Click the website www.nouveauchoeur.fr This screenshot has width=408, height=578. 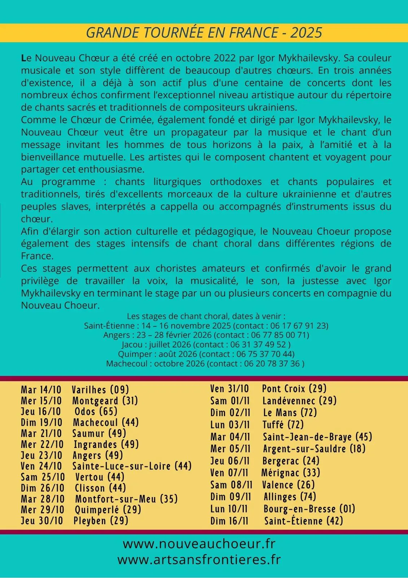coord(199,544)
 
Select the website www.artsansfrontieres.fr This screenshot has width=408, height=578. coord(199,560)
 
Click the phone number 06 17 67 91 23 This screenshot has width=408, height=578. coord(298,325)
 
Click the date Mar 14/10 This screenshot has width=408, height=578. coord(41,390)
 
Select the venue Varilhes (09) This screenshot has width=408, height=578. coord(100,390)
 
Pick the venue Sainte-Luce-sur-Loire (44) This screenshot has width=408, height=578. coord(132,466)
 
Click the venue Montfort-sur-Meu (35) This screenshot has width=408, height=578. coord(126,499)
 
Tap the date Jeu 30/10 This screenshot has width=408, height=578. coord(42,521)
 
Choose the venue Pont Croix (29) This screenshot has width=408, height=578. coord(294,389)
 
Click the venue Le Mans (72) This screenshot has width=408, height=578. coord(290,413)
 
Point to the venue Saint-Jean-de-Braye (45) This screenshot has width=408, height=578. coord(317,437)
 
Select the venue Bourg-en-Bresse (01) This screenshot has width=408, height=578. coord(309,509)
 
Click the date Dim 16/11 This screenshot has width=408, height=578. coord(229,521)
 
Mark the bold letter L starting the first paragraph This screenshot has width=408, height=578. coord(23,58)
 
